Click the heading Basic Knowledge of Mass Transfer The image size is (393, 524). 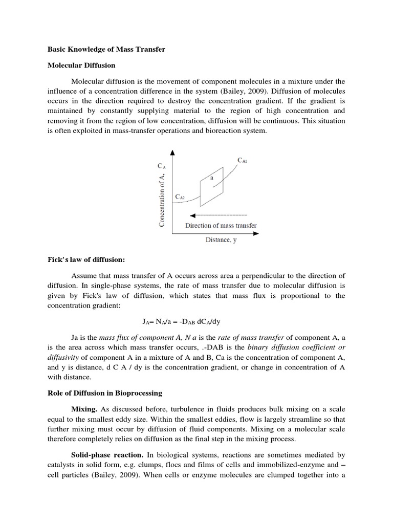106,50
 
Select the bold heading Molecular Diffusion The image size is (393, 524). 81,65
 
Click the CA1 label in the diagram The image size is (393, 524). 243,161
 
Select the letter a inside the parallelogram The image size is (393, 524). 211,178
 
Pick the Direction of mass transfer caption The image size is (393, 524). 221,225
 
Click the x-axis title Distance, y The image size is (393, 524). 221,240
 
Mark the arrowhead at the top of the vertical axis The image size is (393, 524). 172,152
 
